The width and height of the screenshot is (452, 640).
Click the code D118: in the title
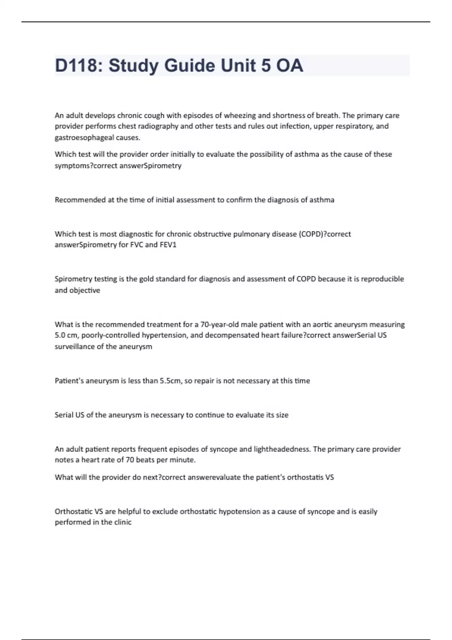point(79,66)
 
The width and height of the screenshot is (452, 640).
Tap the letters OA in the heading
point(289,66)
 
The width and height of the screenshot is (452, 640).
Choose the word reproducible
point(382,279)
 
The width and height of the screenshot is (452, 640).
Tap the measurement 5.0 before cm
point(60,335)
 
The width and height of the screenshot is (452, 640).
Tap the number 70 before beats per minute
point(130,460)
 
